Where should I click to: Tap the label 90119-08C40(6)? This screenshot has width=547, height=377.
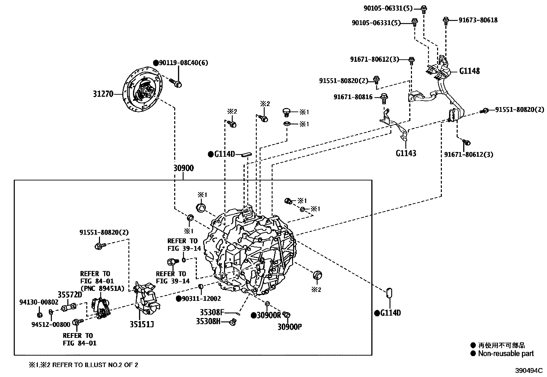tap(183, 63)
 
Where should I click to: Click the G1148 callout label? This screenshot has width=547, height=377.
tap(469, 71)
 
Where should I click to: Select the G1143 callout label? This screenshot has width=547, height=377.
tap(406, 153)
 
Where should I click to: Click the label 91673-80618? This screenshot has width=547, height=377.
tap(478, 20)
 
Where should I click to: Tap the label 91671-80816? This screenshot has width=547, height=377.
tap(353, 97)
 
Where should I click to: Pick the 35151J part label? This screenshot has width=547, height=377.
tap(142, 324)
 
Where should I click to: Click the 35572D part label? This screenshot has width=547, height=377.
tap(70, 294)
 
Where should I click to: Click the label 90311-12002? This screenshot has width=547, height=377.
tap(201, 299)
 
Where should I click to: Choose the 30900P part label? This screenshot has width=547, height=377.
tap(290, 327)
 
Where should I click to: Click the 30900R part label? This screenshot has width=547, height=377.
tap(269, 315)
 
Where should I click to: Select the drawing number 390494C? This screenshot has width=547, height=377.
tap(528, 371)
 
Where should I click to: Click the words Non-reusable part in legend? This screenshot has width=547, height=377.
tap(506, 354)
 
